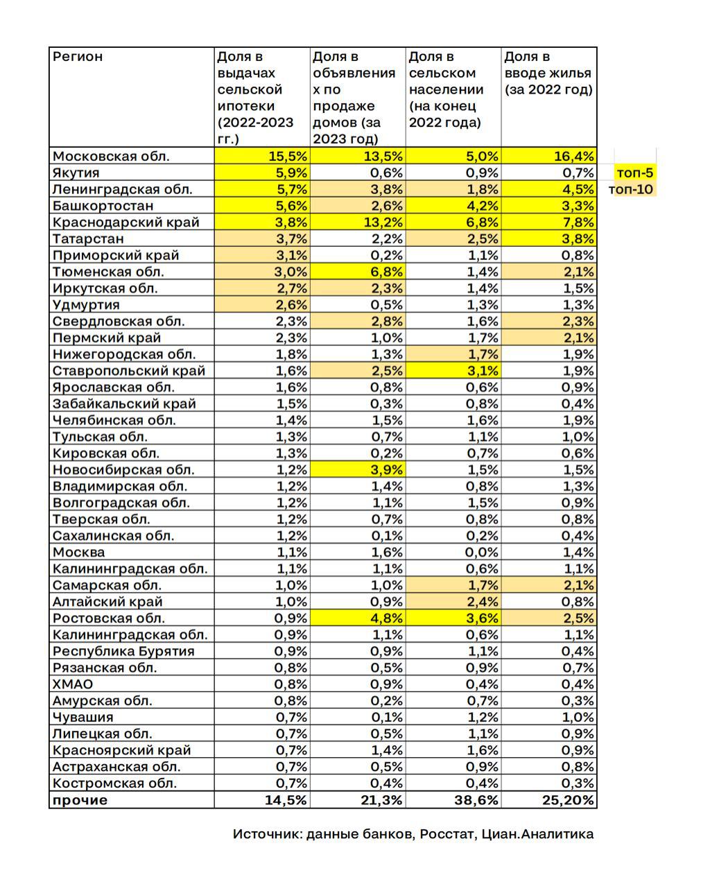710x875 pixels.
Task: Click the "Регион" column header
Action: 78,57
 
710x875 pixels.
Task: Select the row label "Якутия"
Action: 76,173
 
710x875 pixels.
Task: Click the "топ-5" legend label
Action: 634,173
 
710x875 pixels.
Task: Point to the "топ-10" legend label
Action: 631,189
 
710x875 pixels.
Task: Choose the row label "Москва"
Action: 79,553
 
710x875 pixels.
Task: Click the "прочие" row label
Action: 80,800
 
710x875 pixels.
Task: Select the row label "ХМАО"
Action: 73,684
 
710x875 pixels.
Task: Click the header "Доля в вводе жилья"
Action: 548,73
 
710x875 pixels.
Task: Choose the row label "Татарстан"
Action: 88,239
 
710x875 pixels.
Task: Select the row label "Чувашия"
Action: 83,718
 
